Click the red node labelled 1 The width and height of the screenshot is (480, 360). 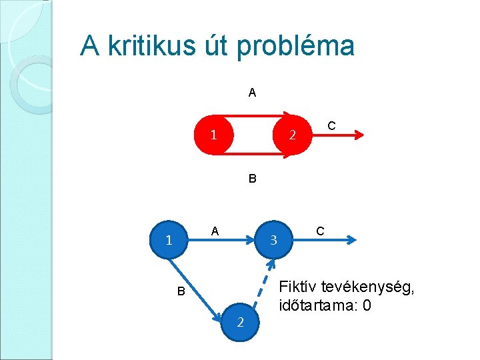(213, 135)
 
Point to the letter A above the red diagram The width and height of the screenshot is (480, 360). (252, 93)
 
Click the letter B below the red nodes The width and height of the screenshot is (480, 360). (252, 179)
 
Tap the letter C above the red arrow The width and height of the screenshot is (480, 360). (331, 126)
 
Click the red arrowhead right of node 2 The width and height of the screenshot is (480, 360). (359, 135)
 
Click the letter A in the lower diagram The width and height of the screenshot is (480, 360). (215, 231)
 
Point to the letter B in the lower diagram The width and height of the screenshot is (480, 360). (181, 291)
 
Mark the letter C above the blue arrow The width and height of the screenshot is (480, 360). (321, 231)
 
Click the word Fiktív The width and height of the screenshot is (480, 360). (298, 287)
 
